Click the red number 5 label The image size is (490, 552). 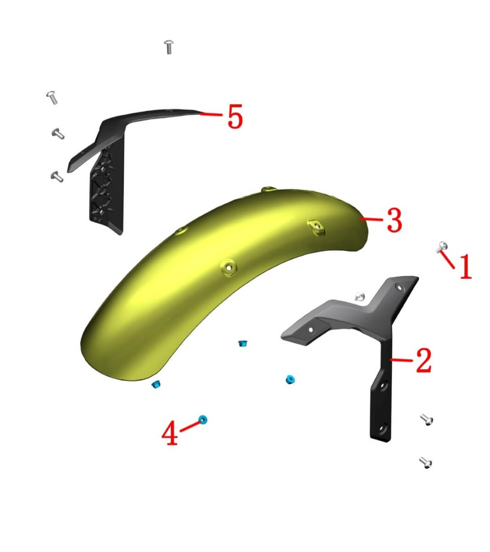point(235,116)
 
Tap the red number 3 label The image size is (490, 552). point(394,220)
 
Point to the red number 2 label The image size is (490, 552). point(424,360)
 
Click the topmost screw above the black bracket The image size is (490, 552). point(169,47)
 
